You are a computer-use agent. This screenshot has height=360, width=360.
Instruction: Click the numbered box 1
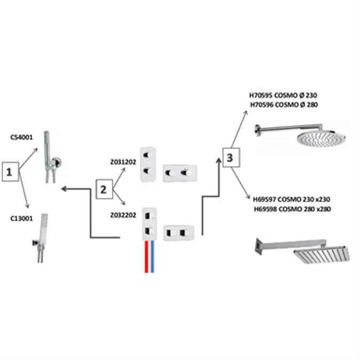(x=10, y=172)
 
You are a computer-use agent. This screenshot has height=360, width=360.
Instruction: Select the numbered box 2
(x=105, y=189)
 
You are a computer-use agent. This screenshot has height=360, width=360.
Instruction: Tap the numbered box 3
(x=231, y=157)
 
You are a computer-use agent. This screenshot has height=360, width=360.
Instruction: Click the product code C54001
(x=21, y=137)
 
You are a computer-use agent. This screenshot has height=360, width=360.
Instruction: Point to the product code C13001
(x=21, y=218)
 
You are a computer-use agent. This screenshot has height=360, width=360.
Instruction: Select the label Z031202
(x=123, y=162)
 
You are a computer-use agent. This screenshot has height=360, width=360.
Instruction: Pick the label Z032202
(x=123, y=215)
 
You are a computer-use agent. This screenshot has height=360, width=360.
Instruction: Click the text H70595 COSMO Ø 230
(x=283, y=95)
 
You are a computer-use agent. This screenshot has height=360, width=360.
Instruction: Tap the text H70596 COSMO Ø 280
(x=284, y=105)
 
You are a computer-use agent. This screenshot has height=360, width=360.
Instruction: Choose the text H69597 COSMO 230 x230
(x=292, y=199)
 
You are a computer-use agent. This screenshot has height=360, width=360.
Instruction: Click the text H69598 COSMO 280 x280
(x=292, y=209)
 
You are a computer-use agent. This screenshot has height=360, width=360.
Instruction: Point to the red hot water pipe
(x=146, y=257)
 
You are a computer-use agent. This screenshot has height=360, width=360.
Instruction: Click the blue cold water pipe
(x=152, y=257)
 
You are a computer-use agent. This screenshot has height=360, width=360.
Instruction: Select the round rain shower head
(x=321, y=138)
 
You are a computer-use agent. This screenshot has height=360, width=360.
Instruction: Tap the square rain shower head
(x=322, y=254)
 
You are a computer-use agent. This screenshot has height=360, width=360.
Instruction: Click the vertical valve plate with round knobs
(x=148, y=164)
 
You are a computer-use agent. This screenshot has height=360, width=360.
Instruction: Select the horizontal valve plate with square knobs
(x=179, y=233)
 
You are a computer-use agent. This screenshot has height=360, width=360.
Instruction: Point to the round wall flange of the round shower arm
(x=258, y=131)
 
